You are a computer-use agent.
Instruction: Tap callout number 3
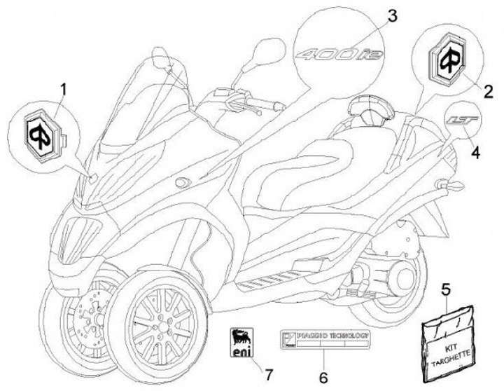[x=391, y=14]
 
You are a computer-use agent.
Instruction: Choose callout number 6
[x=321, y=376]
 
